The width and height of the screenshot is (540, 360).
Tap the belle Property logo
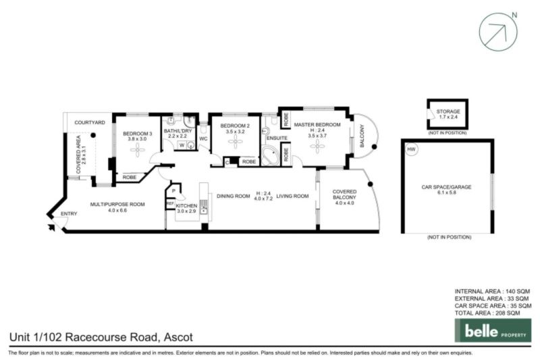pyautogui.click(x=492, y=330)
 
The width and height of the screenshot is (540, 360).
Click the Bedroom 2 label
pyautogui.click(x=234, y=126)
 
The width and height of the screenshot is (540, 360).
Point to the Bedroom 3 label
pyautogui.click(x=137, y=134)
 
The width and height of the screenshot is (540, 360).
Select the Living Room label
pyautogui.click(x=292, y=196)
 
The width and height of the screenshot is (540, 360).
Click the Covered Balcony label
pyautogui.click(x=344, y=196)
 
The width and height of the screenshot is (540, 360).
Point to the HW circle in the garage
pyautogui.click(x=412, y=149)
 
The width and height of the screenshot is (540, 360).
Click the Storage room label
pyautogui.click(x=448, y=111)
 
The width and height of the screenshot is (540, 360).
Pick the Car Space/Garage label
pyautogui.click(x=448, y=186)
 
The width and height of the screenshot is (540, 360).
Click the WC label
pyautogui.click(x=203, y=139)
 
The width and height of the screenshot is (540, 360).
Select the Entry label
pyautogui.click(x=69, y=214)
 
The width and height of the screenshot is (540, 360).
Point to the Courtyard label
pyautogui.click(x=89, y=122)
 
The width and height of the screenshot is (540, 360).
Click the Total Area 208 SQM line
pyautogui.click(x=487, y=313)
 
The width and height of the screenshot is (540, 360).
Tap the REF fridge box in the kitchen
pyautogui.click(x=170, y=203)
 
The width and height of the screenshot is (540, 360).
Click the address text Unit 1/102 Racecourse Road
pyautogui.click(x=83, y=336)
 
